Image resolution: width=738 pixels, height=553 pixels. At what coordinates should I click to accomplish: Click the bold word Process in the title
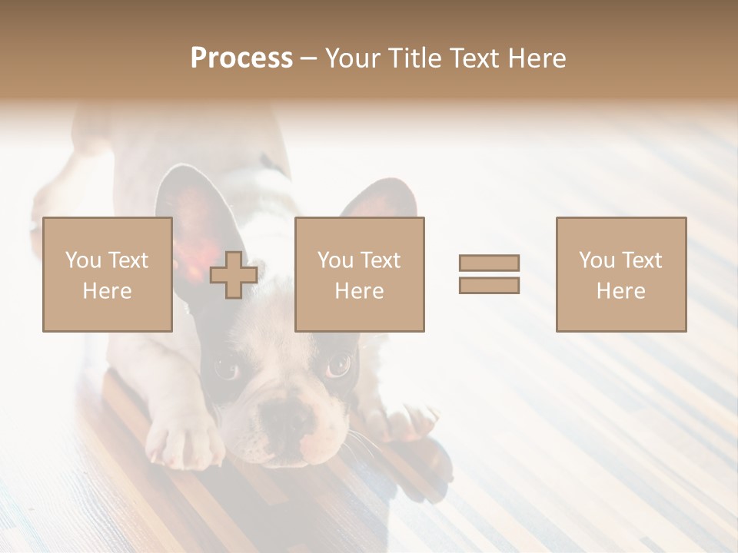pyautogui.click(x=241, y=58)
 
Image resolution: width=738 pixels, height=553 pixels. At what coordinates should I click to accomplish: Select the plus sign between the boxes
pyautogui.click(x=234, y=275)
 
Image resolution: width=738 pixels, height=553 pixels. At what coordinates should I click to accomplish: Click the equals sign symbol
pyautogui.click(x=489, y=274)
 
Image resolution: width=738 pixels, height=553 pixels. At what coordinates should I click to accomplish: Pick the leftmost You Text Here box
pyautogui.click(x=107, y=274)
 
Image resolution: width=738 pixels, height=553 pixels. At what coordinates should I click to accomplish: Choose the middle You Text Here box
pyautogui.click(x=359, y=274)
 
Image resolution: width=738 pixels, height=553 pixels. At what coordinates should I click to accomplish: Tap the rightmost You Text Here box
pyautogui.click(x=620, y=274)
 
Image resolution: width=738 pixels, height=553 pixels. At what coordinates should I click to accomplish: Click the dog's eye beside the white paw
pyautogui.click(x=227, y=369)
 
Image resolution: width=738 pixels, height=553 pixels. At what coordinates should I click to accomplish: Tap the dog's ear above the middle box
pyautogui.click(x=381, y=202)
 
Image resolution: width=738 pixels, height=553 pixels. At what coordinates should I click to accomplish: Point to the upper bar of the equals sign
pyautogui.click(x=489, y=263)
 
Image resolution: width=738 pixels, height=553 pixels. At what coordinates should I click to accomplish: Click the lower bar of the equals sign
pyautogui.click(x=489, y=286)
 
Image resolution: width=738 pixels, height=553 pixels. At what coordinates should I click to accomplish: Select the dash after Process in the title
pyautogui.click(x=308, y=59)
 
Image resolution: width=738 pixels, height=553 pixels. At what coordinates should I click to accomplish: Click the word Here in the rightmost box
pyautogui.click(x=620, y=290)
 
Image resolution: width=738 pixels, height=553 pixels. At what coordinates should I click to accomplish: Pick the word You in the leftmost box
pyautogui.click(x=83, y=260)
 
